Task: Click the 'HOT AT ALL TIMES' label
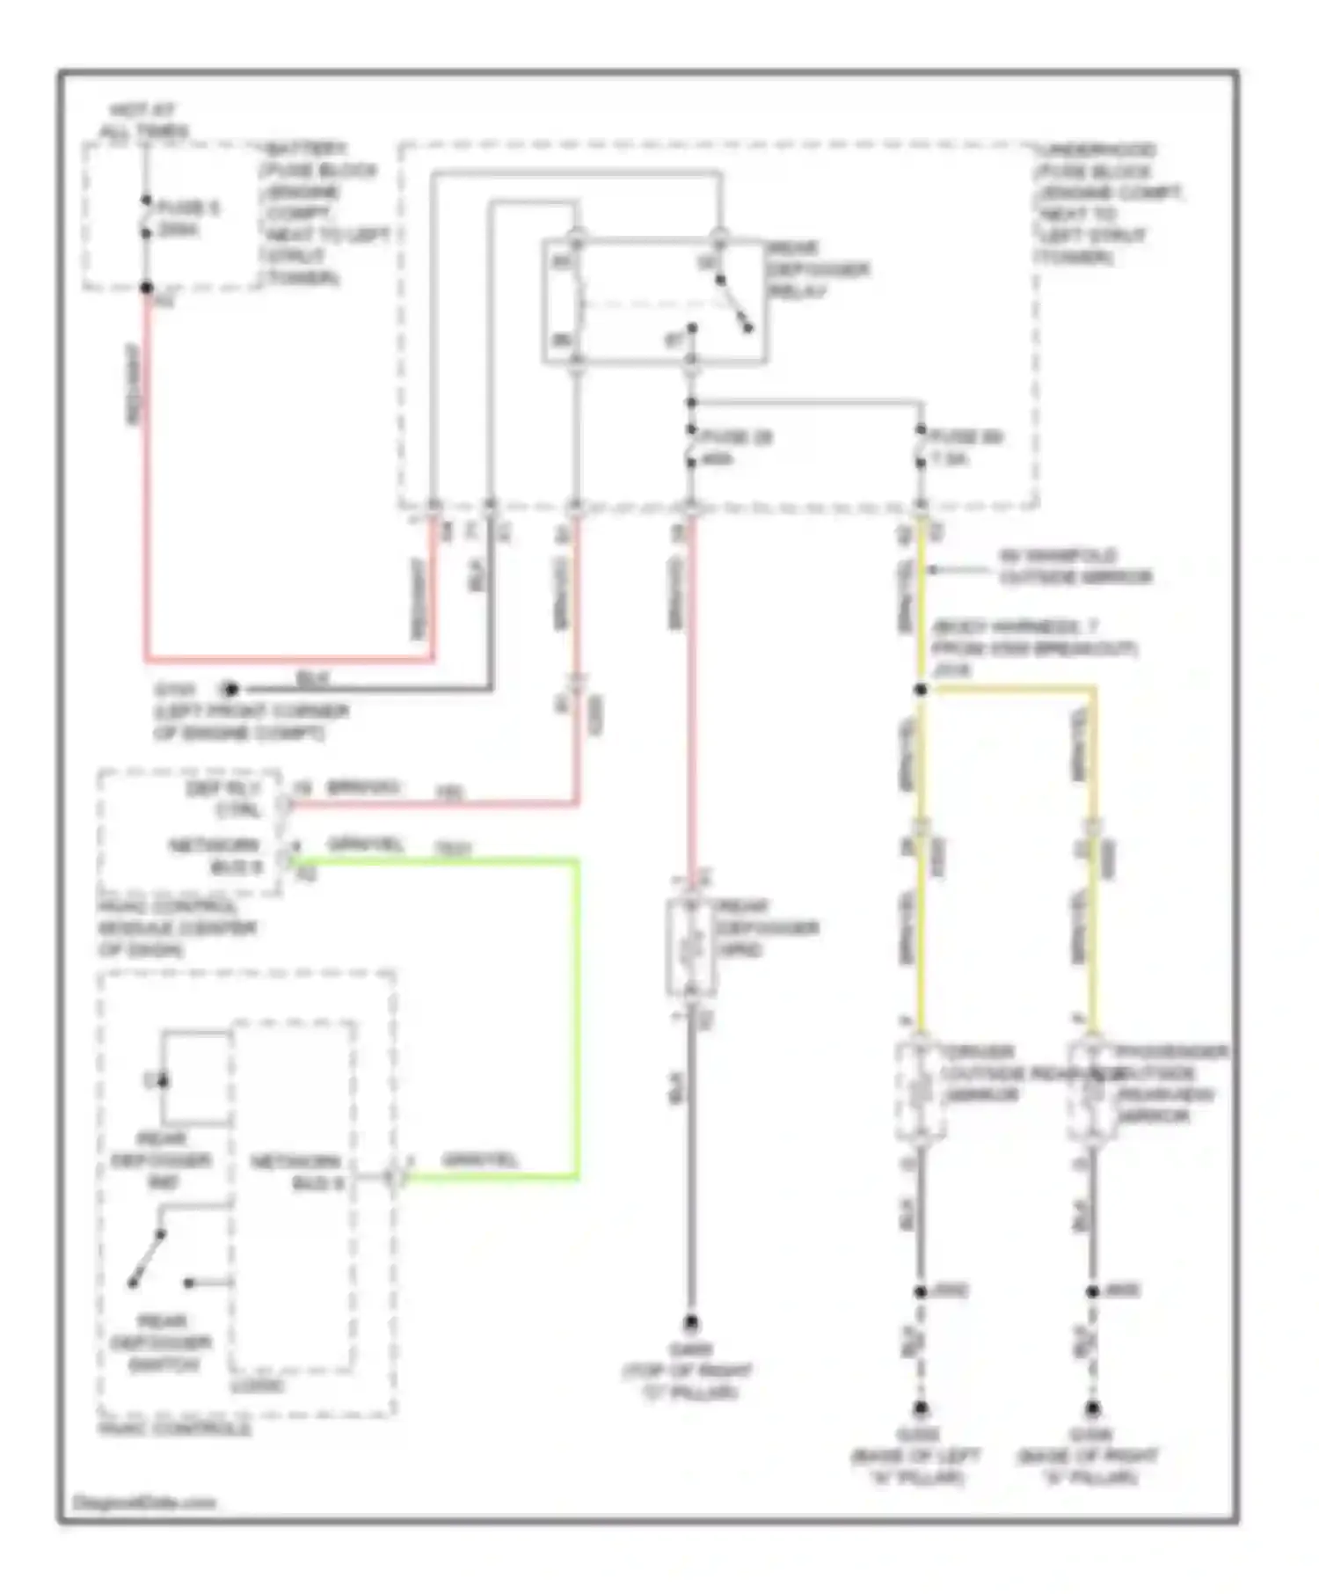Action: coord(143,121)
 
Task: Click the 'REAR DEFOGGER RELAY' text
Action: coord(817,269)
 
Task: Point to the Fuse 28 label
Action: coord(737,437)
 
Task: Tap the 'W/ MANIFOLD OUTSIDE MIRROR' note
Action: coord(1075,567)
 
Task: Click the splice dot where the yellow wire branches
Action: coord(921,690)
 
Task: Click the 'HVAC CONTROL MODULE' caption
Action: coord(176,928)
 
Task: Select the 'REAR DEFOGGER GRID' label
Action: coord(767,928)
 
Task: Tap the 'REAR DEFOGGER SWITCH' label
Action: coord(163,1342)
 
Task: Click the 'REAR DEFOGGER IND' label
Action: coord(162,1160)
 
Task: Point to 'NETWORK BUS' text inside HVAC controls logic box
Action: coord(296,1173)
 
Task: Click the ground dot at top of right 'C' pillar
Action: coord(691,1323)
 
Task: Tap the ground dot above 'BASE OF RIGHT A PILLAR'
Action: coord(1092,1408)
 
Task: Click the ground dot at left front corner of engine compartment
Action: coord(230,689)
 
